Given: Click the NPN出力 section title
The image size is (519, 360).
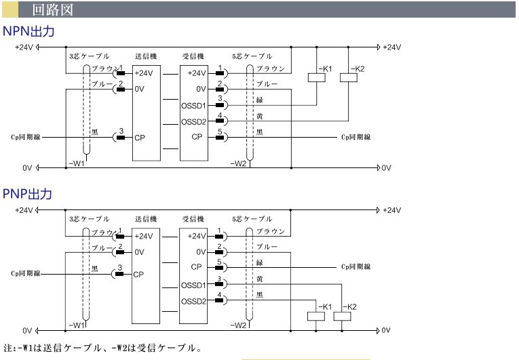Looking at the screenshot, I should [x=28, y=31].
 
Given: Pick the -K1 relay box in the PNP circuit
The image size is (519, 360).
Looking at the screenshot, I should [x=317, y=315].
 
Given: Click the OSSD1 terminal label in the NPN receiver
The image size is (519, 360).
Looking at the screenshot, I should [x=193, y=106].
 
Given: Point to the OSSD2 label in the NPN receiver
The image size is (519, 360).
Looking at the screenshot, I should [x=193, y=122].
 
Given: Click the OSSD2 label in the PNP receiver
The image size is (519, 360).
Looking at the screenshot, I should [x=193, y=301].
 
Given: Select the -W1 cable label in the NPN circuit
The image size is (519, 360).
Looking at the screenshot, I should [x=77, y=163].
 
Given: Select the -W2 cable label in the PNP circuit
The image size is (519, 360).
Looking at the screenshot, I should [x=238, y=325].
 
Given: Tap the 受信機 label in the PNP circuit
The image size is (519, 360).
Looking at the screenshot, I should [x=193, y=219].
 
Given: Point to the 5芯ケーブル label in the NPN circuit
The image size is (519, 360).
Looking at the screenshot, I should [x=252, y=56].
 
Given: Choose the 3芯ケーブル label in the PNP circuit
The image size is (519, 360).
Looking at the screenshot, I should [x=89, y=219].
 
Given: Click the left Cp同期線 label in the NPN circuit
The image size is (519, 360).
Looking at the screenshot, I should [x=26, y=138].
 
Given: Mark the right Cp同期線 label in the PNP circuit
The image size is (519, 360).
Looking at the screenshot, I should [x=355, y=266].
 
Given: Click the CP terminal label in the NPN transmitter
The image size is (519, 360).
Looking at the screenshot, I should [x=140, y=137].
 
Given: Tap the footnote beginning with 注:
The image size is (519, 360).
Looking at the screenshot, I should [x=102, y=349].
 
